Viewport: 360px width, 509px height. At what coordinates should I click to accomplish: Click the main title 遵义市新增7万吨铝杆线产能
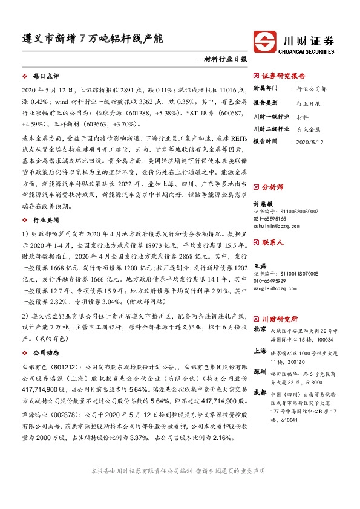tap(90, 37)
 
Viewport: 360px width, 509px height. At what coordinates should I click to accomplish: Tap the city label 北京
tap(259, 329)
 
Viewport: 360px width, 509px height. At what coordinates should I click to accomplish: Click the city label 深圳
tap(259, 371)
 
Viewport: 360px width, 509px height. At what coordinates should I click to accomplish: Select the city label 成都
tap(259, 391)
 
